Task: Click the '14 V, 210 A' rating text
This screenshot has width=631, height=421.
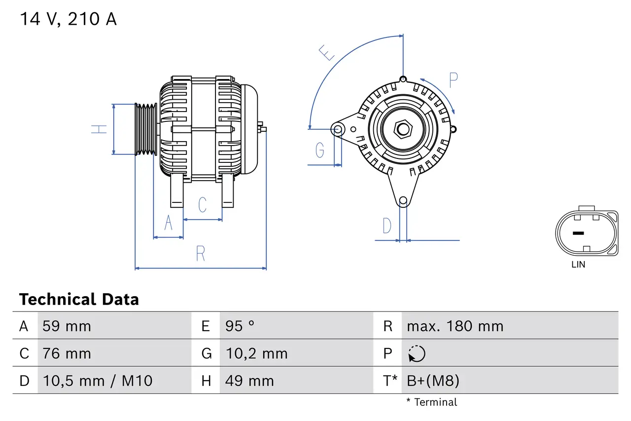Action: click(68, 19)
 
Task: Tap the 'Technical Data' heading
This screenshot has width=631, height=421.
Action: click(79, 299)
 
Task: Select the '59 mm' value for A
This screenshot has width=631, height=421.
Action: click(67, 326)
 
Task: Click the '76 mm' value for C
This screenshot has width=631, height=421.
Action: click(67, 353)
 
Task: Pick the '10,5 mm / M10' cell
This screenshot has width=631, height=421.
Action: click(97, 381)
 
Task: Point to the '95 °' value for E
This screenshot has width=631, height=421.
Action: click(240, 326)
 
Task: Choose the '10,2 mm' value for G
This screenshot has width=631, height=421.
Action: click(256, 353)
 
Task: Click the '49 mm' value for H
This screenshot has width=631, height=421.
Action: click(249, 381)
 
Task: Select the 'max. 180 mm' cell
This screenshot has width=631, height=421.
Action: click(455, 326)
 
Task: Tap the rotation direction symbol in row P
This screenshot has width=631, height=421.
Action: click(417, 353)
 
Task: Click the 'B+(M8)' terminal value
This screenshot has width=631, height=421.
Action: click(433, 381)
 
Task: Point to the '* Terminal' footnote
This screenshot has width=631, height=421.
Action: click(431, 402)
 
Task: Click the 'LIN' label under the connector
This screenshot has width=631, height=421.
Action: click(578, 265)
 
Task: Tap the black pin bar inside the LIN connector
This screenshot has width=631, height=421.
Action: click(578, 233)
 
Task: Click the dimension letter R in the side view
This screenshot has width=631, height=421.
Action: click(200, 254)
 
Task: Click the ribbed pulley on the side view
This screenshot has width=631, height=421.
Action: click(146, 129)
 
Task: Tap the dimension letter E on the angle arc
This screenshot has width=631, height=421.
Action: click(327, 52)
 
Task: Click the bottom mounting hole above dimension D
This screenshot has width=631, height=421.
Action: click(403, 200)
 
